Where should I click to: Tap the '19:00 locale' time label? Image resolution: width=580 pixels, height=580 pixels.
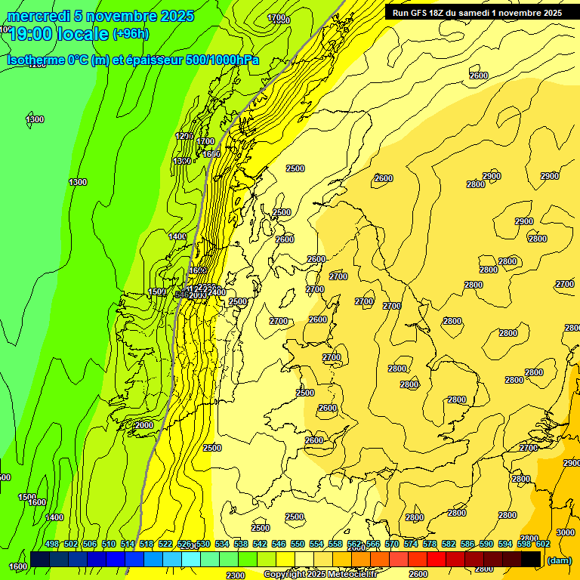pos(59,33)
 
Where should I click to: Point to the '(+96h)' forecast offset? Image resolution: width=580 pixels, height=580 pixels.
pos(131,34)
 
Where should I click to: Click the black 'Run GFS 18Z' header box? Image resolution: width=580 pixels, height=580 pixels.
pos(476,12)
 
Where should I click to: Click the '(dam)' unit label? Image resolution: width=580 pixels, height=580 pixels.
pos(558,560)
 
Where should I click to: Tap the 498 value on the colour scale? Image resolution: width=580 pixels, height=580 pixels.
pos(52,544)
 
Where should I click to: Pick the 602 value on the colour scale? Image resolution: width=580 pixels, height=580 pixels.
pos(542,544)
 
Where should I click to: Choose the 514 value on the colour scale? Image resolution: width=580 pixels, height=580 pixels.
pos(127,544)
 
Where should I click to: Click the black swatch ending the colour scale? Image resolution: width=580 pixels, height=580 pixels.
pos(531,559)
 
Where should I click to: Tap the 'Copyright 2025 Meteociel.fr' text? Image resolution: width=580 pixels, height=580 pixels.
pos(321,575)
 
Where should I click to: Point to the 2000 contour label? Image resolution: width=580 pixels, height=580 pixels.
pos(143,425)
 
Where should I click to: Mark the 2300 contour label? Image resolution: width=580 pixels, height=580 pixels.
pos(236,575)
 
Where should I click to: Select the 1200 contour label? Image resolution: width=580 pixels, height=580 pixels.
pos(184,136)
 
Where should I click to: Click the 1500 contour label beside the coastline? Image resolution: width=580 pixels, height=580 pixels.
pos(157,292)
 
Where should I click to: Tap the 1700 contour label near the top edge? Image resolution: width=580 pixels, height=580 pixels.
pos(277,17)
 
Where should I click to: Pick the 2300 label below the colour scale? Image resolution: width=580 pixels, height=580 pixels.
pos(236,575)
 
